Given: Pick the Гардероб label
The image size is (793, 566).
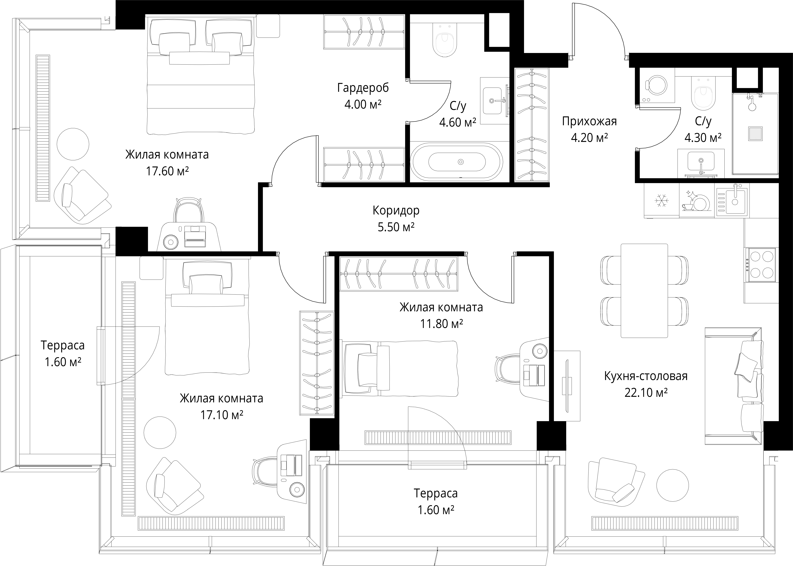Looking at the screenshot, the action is (363, 88).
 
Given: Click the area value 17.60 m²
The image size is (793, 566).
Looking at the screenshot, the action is (167, 171).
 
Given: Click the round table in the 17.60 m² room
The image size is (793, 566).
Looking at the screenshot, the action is (73, 144).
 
